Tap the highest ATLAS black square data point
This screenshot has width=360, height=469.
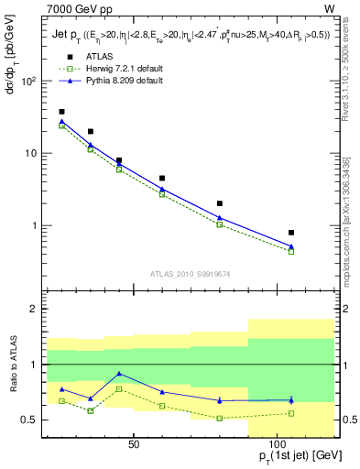click(x=61, y=112)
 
